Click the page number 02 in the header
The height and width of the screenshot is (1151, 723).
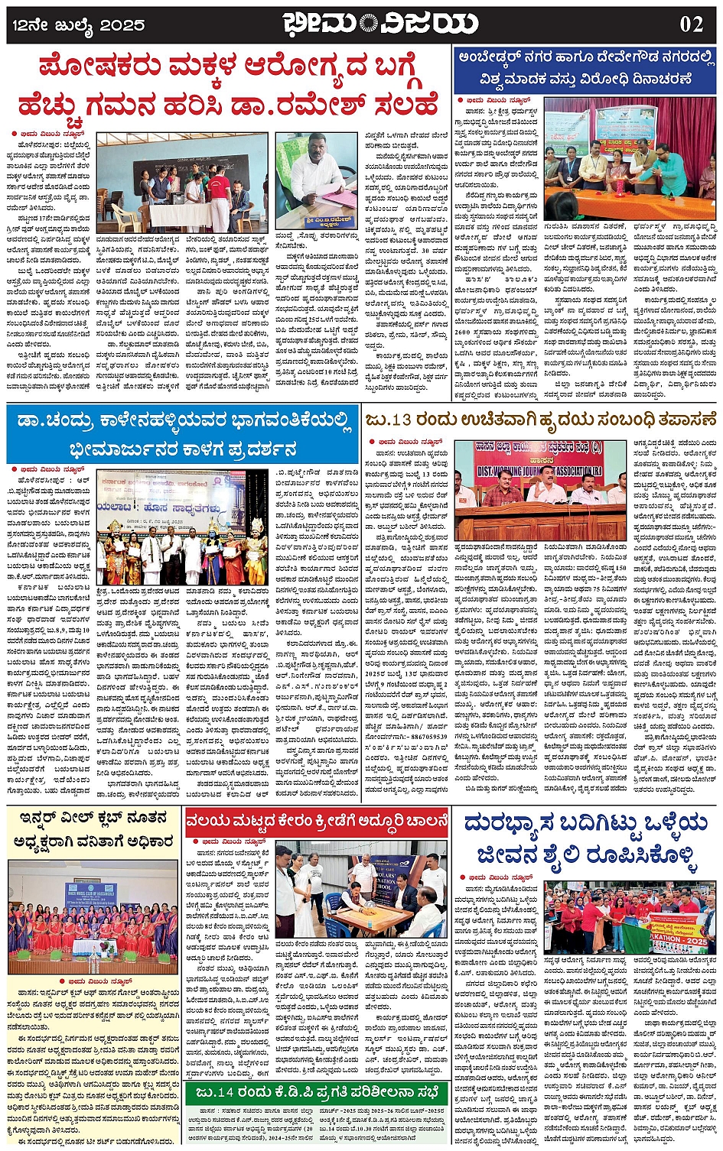click(691, 24)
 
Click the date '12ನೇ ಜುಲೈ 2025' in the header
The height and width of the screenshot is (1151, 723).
click(79, 25)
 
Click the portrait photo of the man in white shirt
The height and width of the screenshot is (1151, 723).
click(317, 170)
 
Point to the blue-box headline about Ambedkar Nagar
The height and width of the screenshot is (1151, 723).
click(585, 68)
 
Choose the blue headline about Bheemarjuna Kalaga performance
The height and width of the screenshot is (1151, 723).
click(184, 433)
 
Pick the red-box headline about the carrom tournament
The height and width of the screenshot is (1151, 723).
click(317, 822)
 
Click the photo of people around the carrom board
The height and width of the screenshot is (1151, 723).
click(360, 891)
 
